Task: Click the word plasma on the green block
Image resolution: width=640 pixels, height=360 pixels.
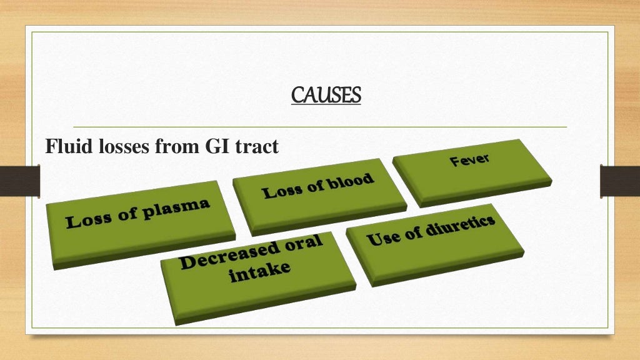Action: [x=176, y=211]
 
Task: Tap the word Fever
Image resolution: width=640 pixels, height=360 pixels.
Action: [x=469, y=161]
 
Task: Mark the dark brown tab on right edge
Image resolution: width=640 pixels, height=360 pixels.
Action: [x=619, y=180]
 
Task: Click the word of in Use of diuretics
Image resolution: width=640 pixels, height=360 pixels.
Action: [x=411, y=234]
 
